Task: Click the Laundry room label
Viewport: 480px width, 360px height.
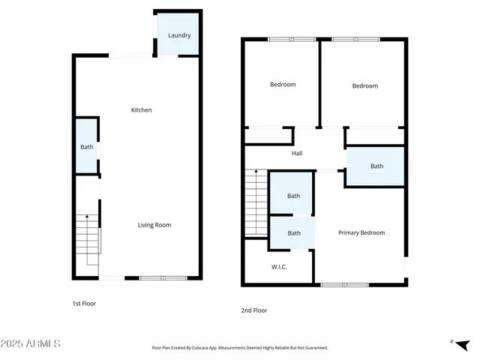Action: [179, 35]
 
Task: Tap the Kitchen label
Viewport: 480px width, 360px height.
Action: [142, 110]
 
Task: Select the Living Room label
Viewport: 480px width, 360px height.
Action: [154, 225]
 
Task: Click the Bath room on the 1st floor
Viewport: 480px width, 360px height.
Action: [87, 147]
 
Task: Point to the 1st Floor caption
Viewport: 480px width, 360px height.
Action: [84, 304]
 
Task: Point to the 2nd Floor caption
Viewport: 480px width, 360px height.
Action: [254, 310]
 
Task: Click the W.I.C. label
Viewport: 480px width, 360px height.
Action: [279, 267]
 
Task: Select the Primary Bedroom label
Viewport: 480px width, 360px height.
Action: [361, 233]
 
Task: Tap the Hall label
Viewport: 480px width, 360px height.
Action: [297, 154]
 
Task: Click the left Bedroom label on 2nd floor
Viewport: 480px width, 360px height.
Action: [283, 85]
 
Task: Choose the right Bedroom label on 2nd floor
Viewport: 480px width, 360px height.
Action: [365, 86]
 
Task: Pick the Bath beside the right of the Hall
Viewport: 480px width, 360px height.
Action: [376, 166]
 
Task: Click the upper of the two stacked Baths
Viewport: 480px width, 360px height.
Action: [293, 196]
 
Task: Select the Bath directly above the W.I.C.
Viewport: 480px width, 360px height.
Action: [293, 233]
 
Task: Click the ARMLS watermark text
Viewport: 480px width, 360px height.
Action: [31, 343]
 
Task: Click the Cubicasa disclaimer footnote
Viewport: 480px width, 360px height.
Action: [240, 348]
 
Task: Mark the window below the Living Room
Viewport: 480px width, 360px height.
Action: [163, 278]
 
